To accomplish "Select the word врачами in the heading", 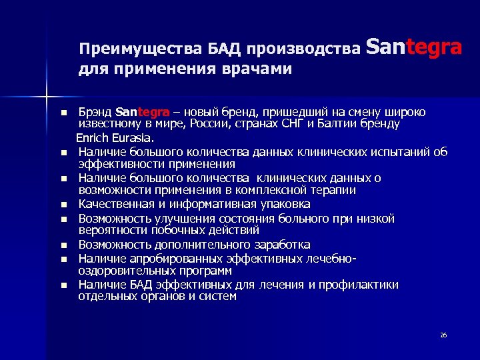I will click(x=257, y=69).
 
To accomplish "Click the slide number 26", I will click(x=443, y=335).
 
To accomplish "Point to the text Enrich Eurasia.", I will click(x=115, y=139).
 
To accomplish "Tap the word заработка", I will click(x=280, y=245).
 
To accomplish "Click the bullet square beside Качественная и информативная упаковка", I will click(x=63, y=205).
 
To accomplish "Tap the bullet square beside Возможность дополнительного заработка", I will click(x=63, y=245).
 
